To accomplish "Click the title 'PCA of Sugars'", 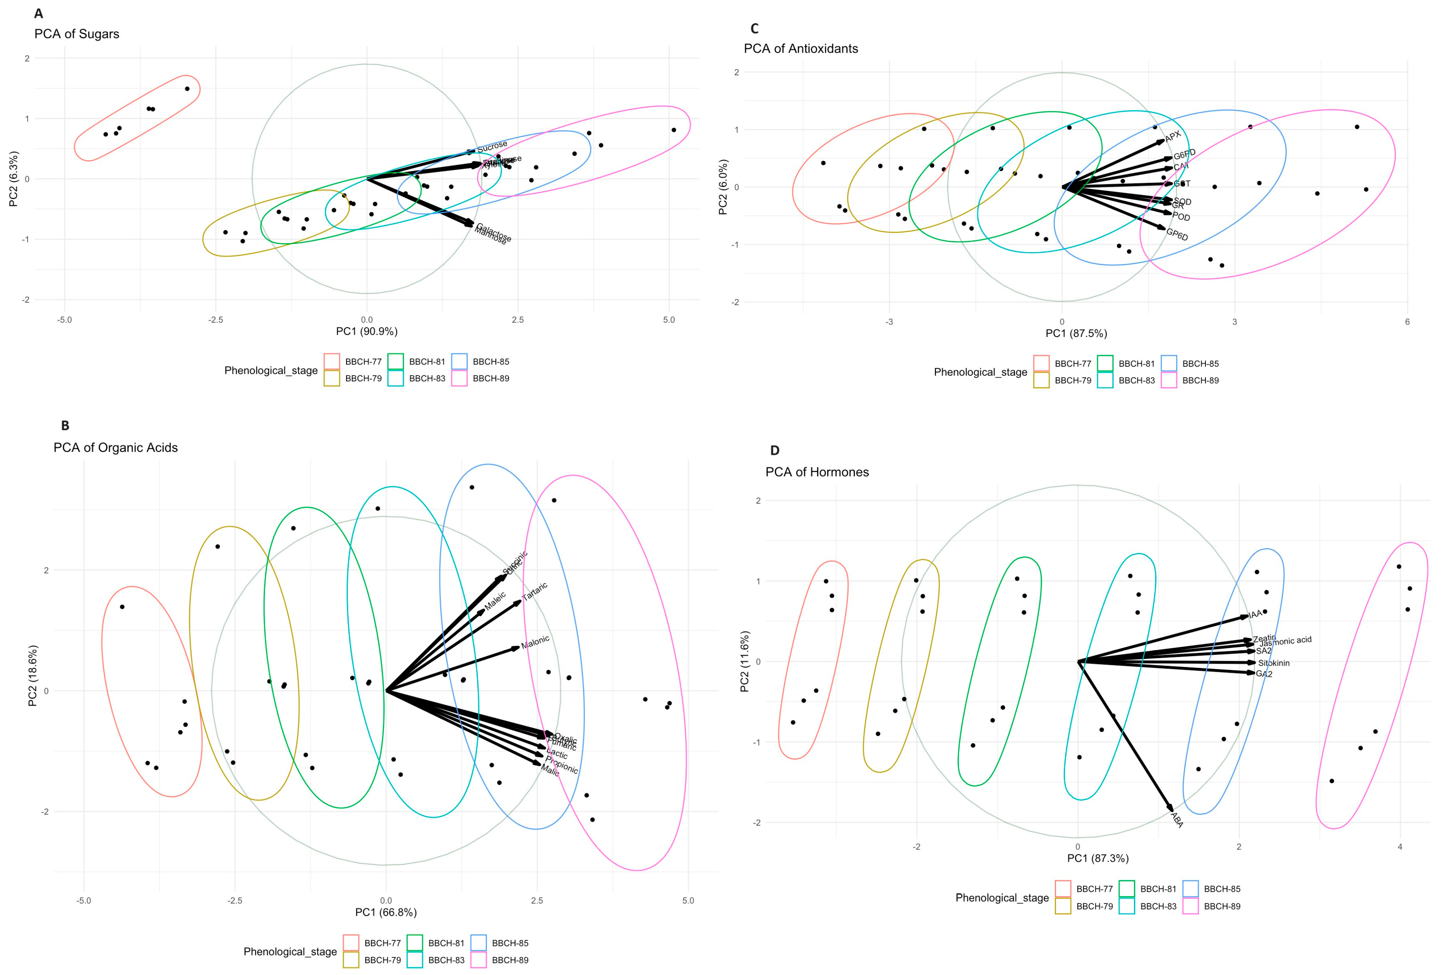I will coord(76,34).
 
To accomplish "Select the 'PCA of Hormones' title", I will coord(817,472).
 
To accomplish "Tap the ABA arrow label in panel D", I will coord(1177,820).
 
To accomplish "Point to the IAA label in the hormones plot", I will coord(1256,614).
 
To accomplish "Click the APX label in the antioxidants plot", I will coord(1172,136).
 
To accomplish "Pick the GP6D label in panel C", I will coord(1177,235).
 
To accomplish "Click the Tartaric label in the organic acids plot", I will coord(535,591).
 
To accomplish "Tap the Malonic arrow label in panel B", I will coord(535,642).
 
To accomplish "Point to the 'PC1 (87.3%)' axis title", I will coord(1098,858).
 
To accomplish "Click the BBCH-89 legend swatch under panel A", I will coord(459,378).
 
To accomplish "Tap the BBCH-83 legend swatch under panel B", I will coord(415,959).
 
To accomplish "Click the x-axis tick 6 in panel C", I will coord(1407,322).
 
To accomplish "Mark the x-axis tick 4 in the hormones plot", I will coord(1399,846).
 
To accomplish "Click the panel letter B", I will coord(65,426).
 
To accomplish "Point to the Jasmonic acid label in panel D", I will coord(1285,641).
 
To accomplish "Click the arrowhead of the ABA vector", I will coord(1171,810).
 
